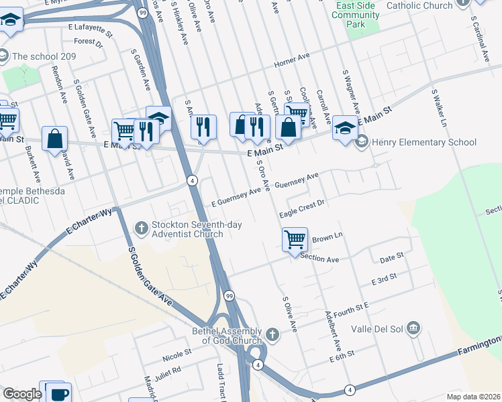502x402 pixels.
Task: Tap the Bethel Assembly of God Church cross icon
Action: [272, 334]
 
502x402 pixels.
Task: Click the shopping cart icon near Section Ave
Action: [295, 239]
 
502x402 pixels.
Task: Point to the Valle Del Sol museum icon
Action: [414, 328]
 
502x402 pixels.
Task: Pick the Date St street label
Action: [391, 256]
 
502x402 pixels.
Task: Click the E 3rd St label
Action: [385, 278]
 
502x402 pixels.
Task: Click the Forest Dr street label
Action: [89, 42]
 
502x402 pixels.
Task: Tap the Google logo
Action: [22, 394]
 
